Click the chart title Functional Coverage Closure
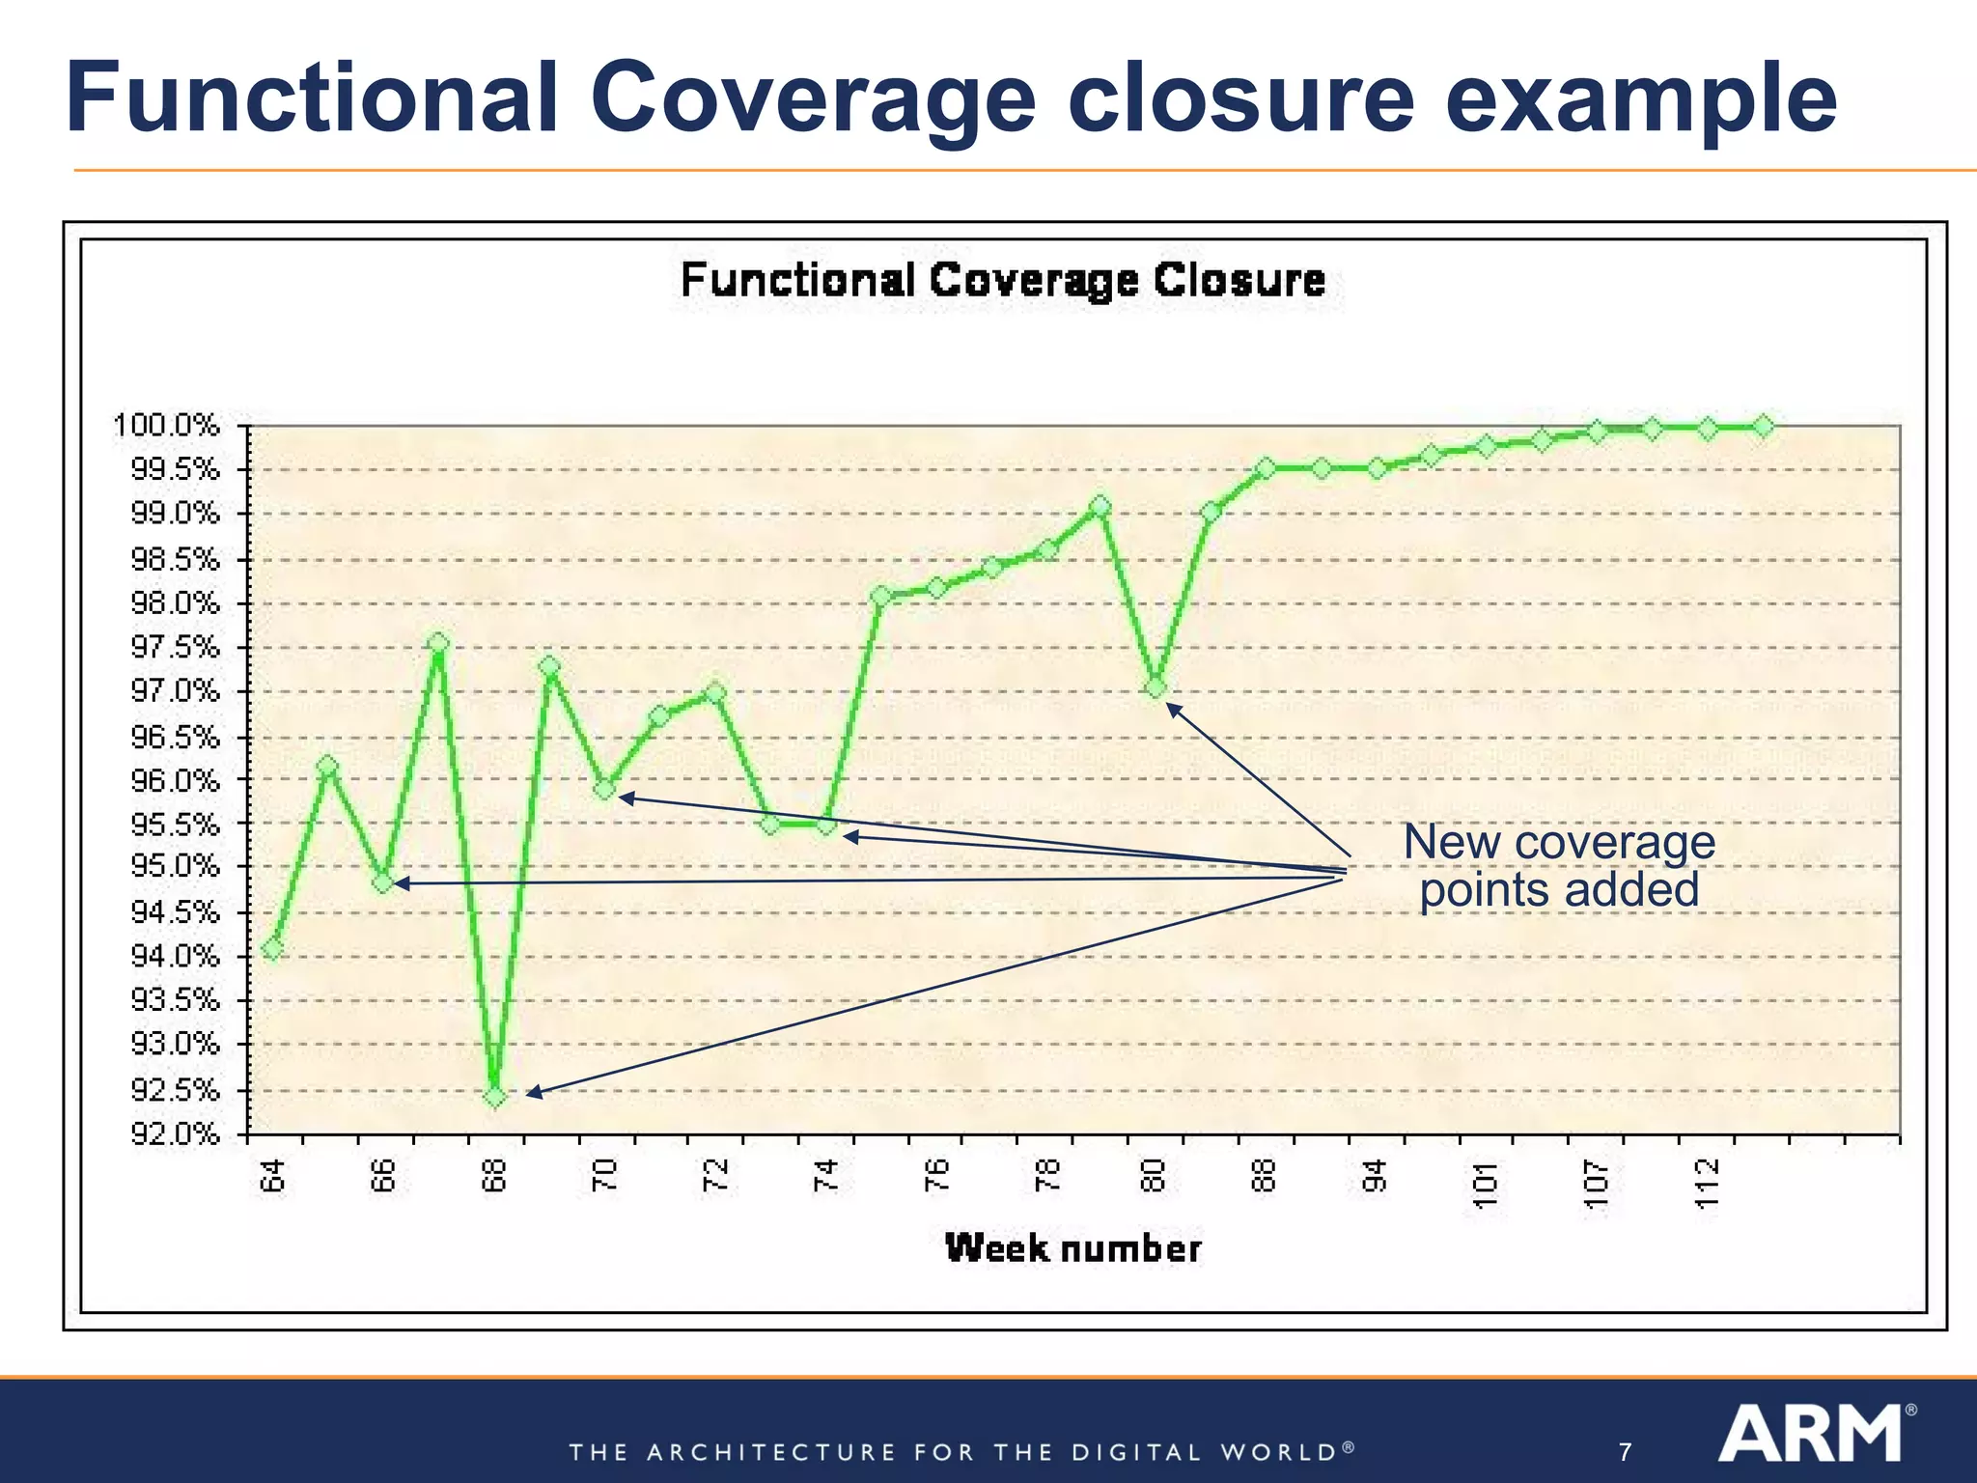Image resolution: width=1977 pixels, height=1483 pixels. point(1003,281)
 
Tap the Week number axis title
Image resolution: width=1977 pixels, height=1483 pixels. point(1072,1248)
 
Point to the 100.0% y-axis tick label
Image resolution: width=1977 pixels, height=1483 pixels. point(167,426)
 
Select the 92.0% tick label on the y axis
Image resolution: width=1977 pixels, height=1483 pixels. point(175,1133)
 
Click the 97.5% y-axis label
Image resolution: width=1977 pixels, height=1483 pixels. point(175,647)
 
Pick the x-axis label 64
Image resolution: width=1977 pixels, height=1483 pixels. point(274,1176)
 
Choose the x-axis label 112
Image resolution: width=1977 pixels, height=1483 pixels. point(1708,1184)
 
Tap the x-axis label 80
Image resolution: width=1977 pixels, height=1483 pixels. point(1155,1176)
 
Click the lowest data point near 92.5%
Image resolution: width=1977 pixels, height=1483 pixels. point(494,1097)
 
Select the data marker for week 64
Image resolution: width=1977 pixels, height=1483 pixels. point(273,949)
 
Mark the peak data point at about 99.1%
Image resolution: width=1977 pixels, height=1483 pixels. point(1100,506)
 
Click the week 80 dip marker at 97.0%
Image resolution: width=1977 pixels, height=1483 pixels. point(1156,687)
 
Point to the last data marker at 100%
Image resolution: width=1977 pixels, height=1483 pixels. point(1763,426)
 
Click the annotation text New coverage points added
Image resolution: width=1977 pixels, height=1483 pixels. point(1558,865)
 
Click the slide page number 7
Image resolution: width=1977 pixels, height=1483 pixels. point(1626,1452)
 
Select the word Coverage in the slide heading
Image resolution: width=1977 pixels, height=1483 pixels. point(813,98)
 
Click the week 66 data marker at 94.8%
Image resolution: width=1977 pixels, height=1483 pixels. point(383,882)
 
